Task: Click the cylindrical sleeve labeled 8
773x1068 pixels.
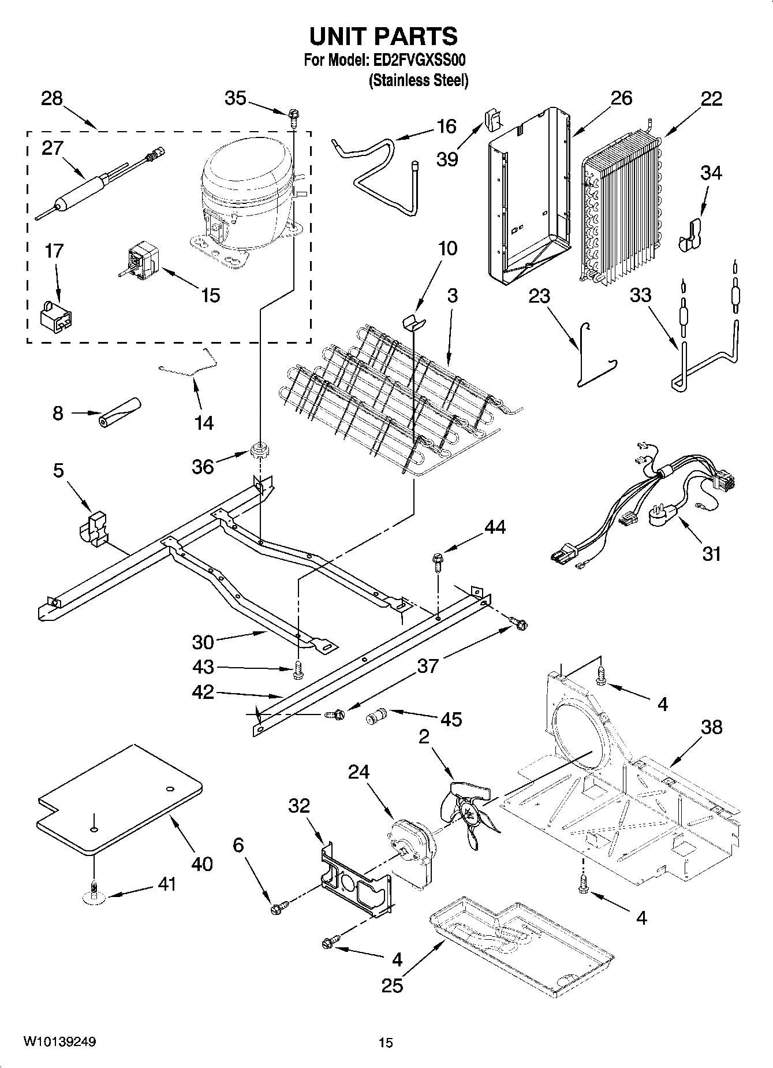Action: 120,413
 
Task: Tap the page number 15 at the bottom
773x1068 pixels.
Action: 386,1043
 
